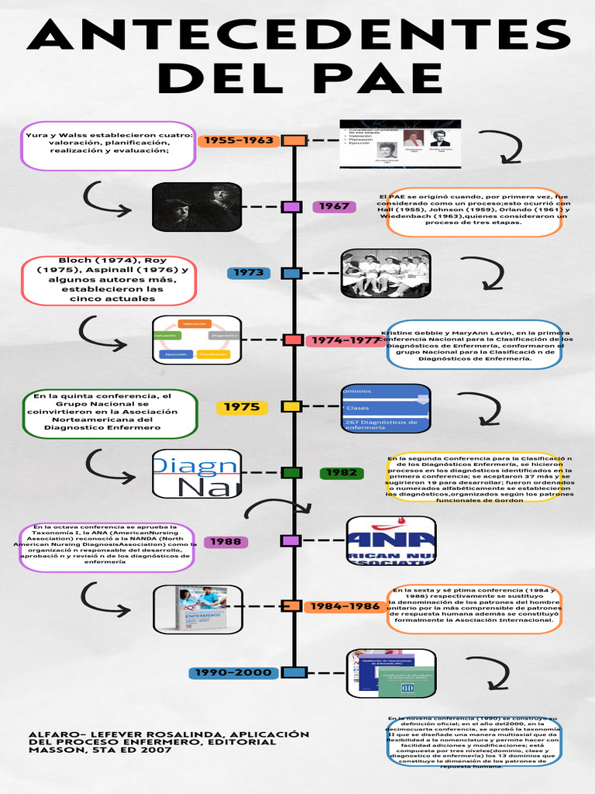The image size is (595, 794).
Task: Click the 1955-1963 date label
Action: pos(239,140)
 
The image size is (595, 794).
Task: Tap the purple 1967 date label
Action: pos(335,206)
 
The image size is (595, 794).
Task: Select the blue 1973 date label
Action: pos(249,273)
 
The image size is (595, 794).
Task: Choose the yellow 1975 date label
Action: pos(242,407)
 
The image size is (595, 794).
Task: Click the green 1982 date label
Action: pos(342,473)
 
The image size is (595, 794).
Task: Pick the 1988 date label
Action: pos(226,541)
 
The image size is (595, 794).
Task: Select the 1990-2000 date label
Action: pos(233,672)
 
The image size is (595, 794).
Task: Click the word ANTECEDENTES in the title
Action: pos(297,36)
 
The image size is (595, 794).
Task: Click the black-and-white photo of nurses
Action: pos(386,274)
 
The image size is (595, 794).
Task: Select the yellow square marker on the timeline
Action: pos(291,406)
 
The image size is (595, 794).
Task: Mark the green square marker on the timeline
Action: pos(291,473)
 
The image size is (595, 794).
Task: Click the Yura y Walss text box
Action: pos(108,145)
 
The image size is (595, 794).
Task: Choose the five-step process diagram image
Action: pos(197,340)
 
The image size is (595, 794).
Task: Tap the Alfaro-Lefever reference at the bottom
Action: pos(163,742)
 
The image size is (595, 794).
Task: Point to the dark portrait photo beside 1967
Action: pos(197,207)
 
